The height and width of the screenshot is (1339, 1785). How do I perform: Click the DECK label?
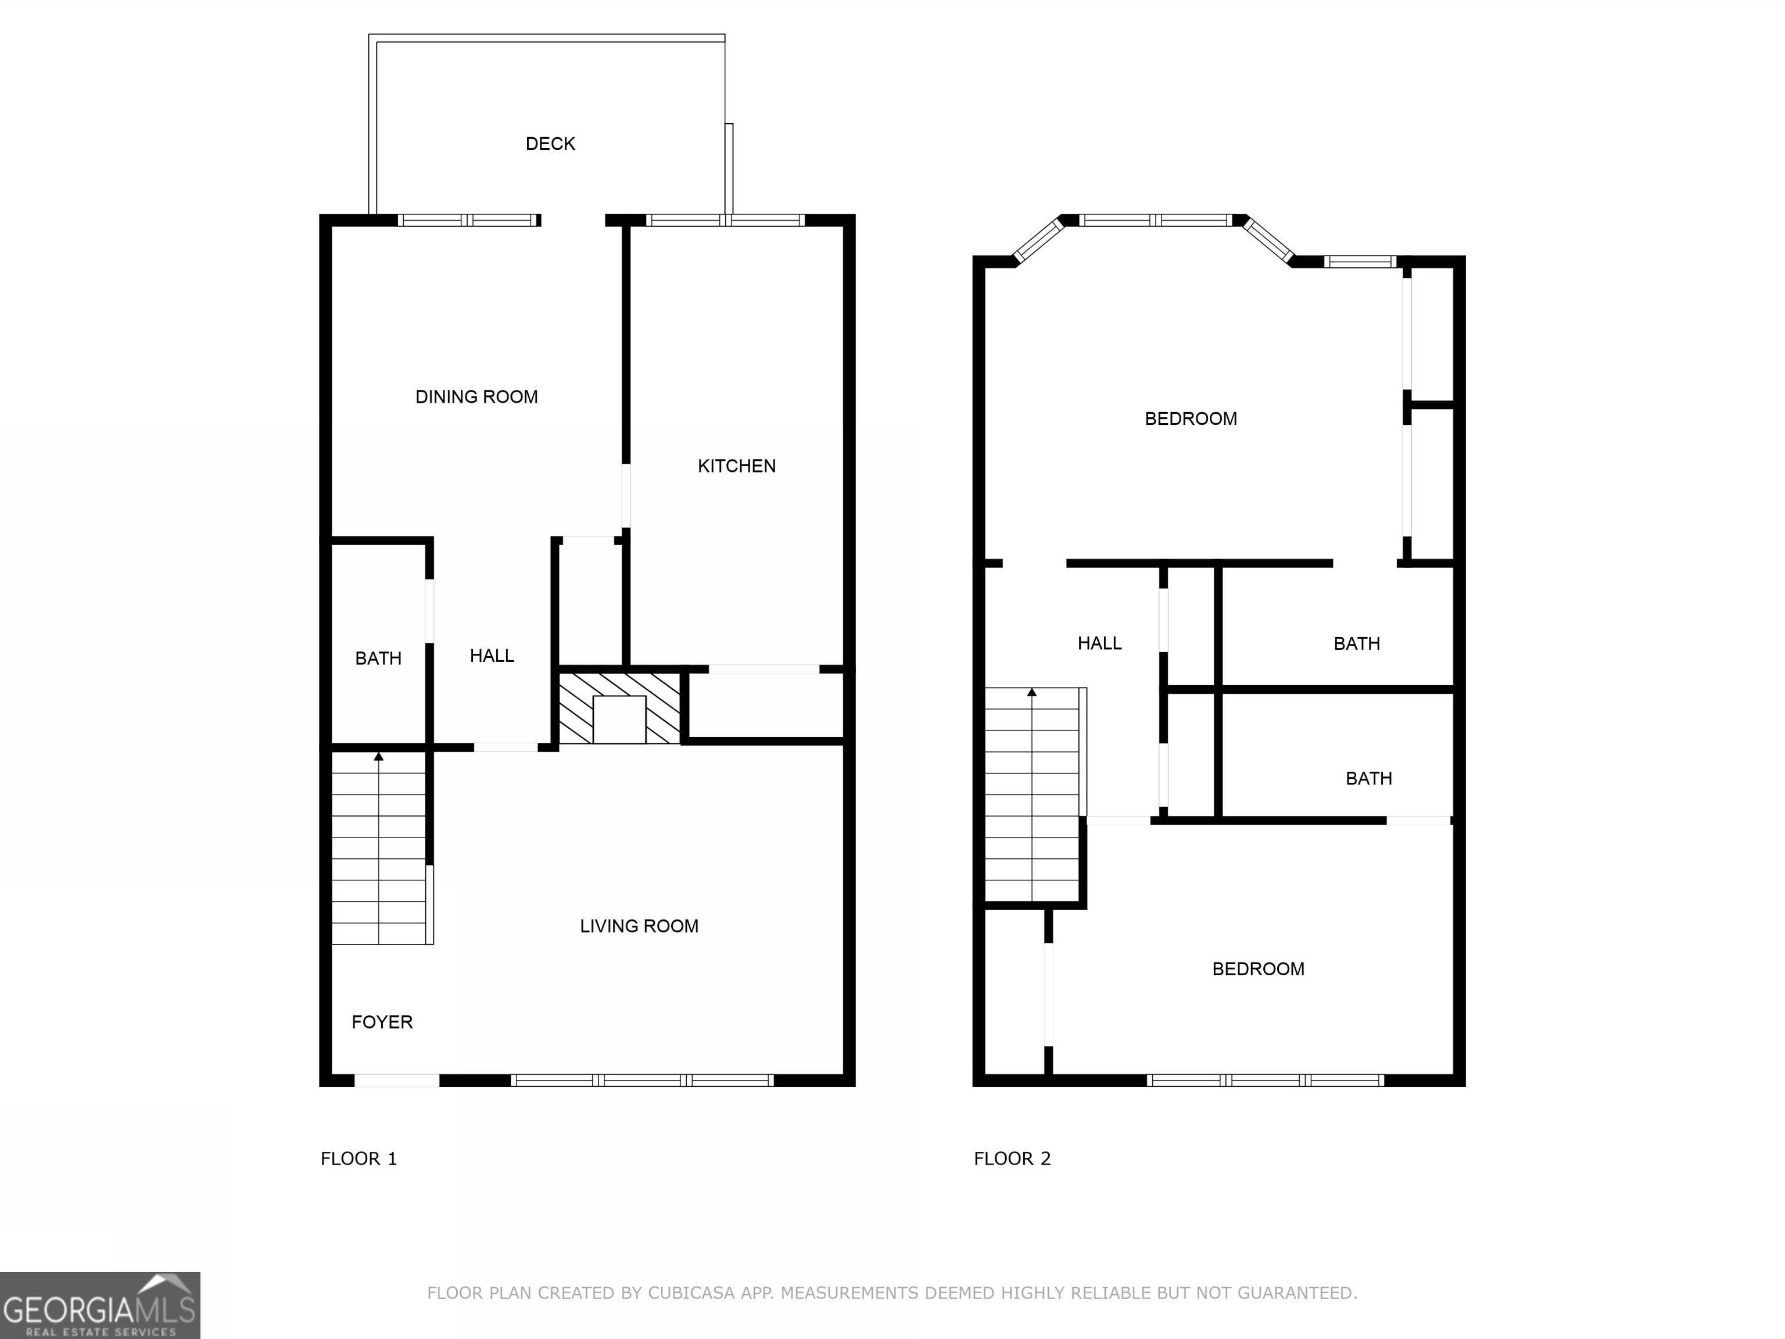pos(550,144)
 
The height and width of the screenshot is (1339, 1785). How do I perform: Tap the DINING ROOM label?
pos(476,397)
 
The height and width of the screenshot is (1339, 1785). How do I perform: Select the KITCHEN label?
pos(736,466)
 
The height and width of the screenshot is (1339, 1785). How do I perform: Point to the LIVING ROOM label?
pos(639,926)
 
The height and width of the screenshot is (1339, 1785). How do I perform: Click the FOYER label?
pos(382,1022)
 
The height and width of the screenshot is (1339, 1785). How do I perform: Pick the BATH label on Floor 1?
pos(378,658)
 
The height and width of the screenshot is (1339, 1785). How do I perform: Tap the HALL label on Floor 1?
pos(492,656)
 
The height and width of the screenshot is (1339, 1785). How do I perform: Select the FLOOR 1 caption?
pos(359,1158)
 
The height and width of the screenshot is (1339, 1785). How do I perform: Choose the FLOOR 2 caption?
pos(1012,1158)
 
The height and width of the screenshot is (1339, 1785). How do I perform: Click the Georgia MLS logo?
pos(99,1305)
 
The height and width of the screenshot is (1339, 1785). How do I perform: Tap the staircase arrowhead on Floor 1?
pos(378,756)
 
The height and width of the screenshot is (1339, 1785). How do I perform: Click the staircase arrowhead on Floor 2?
pos(1031,692)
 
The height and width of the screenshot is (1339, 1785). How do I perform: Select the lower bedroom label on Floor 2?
pos(1257,969)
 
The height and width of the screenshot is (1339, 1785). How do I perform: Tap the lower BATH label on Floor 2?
pos(1368,778)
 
